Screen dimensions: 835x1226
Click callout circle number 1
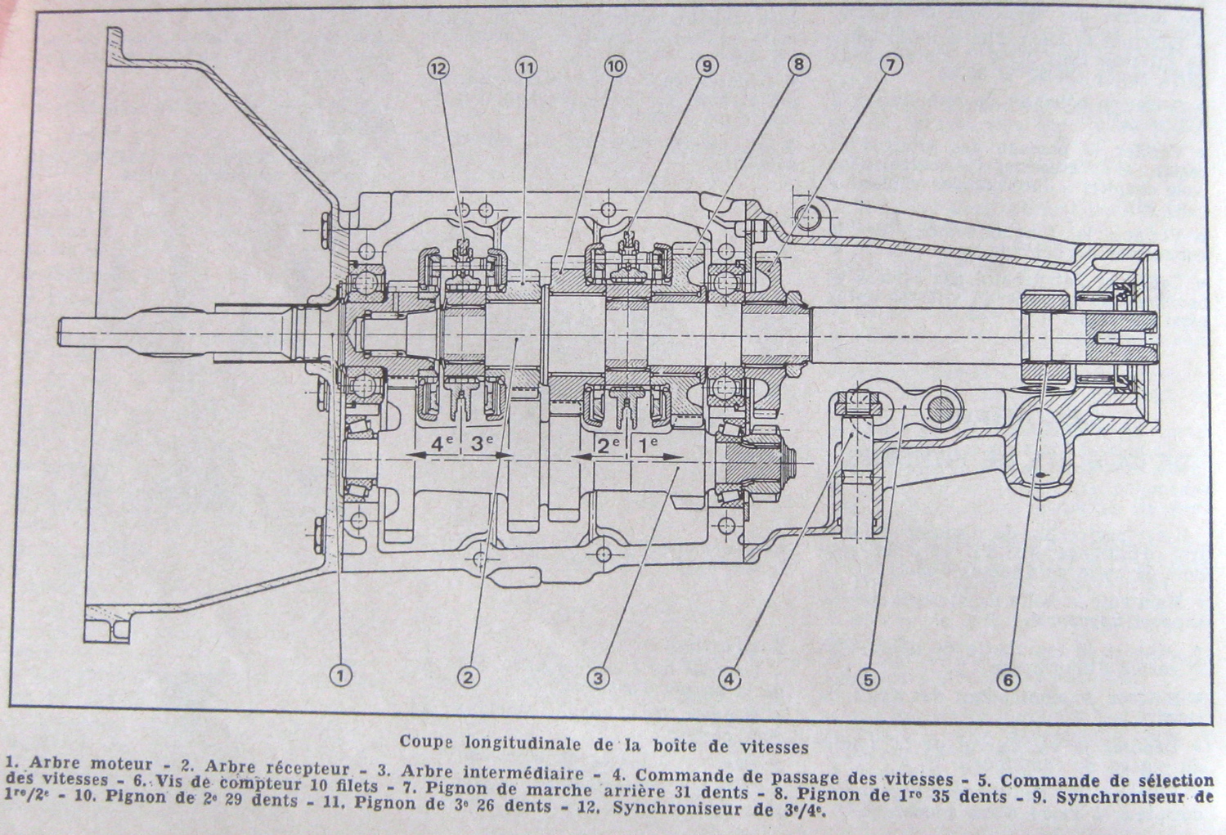[340, 675]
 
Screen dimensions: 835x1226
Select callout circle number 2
[468, 676]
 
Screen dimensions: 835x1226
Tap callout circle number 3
[599, 677]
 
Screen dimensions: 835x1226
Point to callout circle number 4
[730, 678]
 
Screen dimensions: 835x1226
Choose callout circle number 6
[1008, 679]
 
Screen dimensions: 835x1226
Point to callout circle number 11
[525, 67]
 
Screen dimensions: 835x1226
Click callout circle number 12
[439, 68]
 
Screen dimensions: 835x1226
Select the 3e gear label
[483, 445]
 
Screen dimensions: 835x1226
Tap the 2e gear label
[607, 445]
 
